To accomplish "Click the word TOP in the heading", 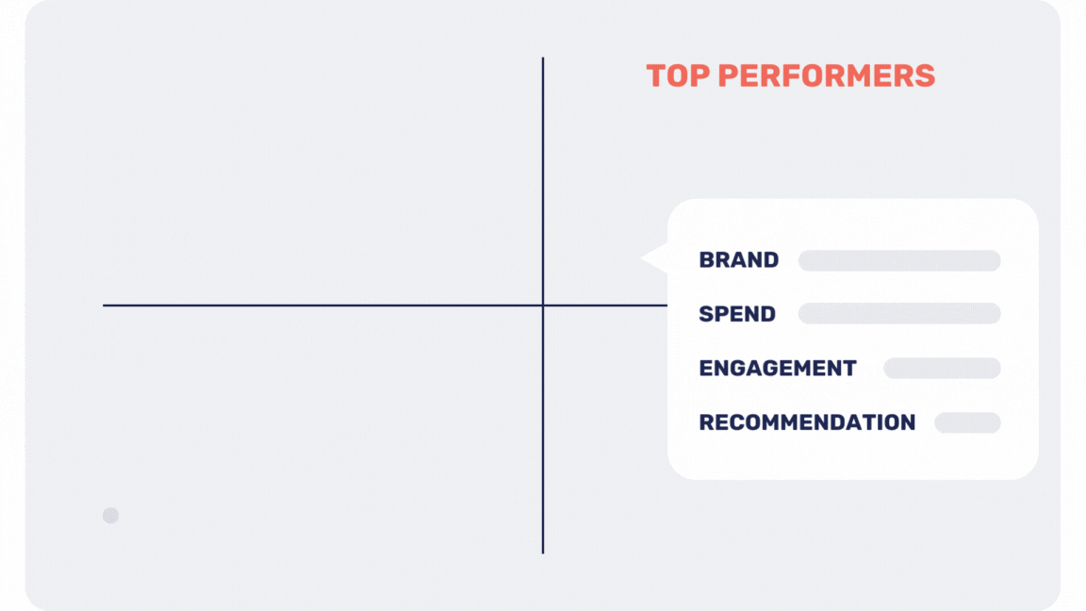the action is point(678,76).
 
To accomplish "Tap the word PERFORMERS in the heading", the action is point(826,76).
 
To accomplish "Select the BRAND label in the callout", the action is point(739,260).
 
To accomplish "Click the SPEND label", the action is point(737,314).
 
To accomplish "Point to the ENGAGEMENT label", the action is point(778,368).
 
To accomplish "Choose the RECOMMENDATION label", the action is point(808,421).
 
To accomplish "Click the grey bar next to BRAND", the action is point(899,260).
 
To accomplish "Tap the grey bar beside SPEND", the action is point(899,314).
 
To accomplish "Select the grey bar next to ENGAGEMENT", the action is point(942,368).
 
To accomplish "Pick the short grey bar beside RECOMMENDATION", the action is point(967,422).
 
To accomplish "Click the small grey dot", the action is point(111,516).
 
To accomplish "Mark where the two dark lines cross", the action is point(543,305).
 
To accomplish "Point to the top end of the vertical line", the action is point(543,58).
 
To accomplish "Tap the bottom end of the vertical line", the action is point(543,553).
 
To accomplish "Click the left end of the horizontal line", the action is point(104,305).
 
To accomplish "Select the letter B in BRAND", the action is point(707,260).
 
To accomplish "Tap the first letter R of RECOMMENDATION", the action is point(707,421).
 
